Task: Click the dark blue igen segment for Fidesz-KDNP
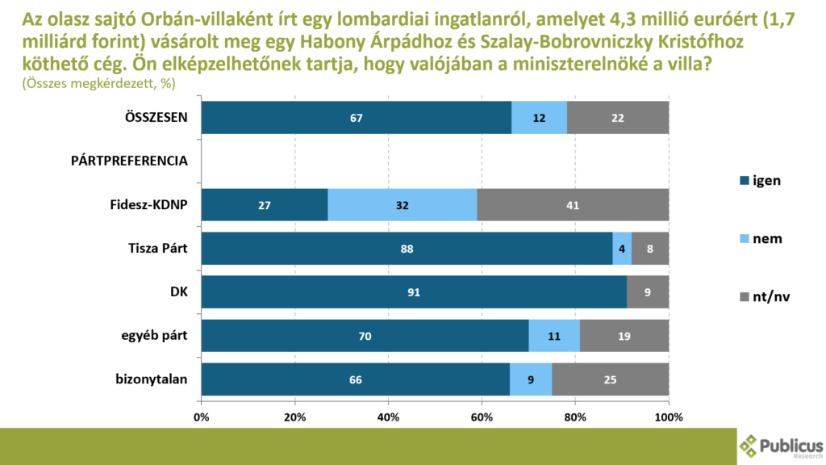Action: tap(265, 205)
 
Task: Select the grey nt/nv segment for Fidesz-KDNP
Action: tap(573, 205)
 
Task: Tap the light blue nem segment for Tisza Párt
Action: tap(622, 249)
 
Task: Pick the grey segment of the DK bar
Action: tap(648, 292)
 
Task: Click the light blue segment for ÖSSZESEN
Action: tap(539, 118)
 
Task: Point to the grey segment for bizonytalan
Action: tap(611, 379)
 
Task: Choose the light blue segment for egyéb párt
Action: tap(554, 336)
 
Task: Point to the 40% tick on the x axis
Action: tap(389, 417)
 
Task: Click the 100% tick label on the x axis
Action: tap(669, 417)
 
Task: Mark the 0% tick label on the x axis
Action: tap(202, 417)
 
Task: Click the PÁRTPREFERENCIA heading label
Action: tap(130, 161)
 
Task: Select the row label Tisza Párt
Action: tap(159, 248)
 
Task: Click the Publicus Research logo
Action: tap(781, 446)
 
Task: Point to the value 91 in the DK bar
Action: tap(414, 292)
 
